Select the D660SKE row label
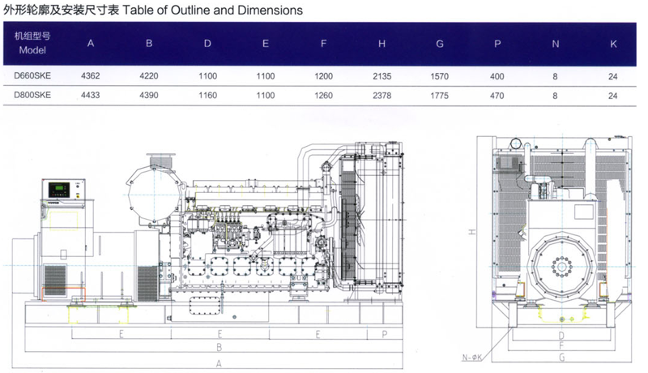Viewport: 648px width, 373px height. (32, 75)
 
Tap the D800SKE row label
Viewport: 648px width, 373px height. (32, 95)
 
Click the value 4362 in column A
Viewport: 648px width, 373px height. (91, 75)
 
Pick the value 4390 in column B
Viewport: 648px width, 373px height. (149, 95)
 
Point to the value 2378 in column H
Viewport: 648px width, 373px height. (382, 95)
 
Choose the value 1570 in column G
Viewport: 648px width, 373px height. (439, 75)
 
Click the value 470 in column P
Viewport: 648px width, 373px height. (497, 95)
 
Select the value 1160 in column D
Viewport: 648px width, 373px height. (207, 95)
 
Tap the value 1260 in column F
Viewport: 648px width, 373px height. (323, 95)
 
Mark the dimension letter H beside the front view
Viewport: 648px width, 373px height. (471, 233)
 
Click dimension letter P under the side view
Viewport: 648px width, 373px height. (384, 333)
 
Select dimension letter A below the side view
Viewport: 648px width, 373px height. (218, 364)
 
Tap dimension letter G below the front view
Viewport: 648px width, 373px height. (561, 357)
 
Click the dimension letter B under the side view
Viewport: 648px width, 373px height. (218, 348)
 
